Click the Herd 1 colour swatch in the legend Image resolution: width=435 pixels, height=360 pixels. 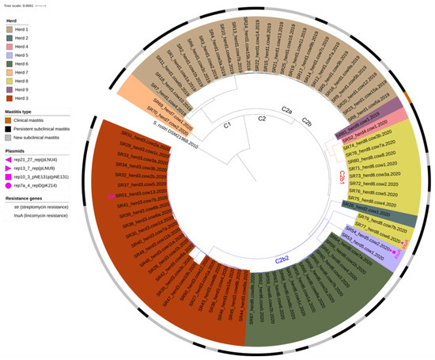point(11,28)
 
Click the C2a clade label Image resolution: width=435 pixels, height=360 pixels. point(289,111)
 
